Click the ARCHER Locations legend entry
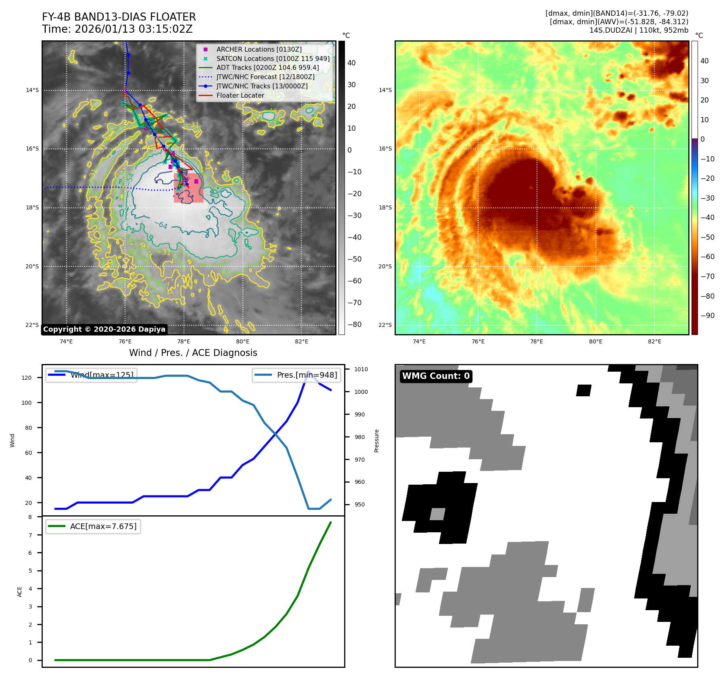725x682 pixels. click(x=259, y=49)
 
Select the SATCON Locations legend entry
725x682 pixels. click(x=273, y=59)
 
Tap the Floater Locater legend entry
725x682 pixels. click(x=240, y=95)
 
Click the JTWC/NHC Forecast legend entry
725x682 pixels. click(x=265, y=77)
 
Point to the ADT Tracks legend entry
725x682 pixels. click(x=267, y=67)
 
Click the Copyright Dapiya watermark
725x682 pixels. click(x=104, y=329)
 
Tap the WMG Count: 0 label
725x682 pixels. click(x=436, y=376)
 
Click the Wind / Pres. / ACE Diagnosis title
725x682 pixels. click(x=193, y=353)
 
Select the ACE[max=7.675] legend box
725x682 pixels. click(x=93, y=526)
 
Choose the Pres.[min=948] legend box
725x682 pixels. click(x=297, y=375)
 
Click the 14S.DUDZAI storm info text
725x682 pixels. click(x=639, y=30)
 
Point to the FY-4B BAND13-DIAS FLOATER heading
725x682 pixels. click(x=119, y=17)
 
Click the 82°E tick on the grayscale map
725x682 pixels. click(x=301, y=342)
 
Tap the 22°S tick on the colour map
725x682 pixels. click(x=385, y=325)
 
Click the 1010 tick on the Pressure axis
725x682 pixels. click(x=361, y=369)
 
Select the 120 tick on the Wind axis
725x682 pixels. click(x=27, y=378)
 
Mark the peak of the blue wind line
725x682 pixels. click(x=309, y=372)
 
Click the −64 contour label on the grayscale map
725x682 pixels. click(x=161, y=225)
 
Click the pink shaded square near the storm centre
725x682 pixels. click(x=188, y=188)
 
